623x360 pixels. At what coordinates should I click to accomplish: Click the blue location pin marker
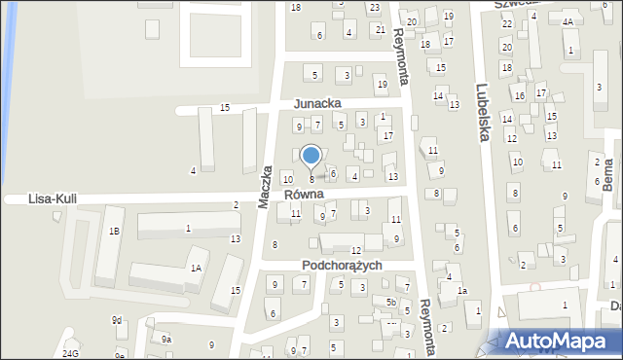311,156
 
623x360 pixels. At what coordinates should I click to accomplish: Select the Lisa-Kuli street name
54,198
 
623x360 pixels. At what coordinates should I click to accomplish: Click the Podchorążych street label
339,266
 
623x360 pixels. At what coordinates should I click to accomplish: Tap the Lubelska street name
481,111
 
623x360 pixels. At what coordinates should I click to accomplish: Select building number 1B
114,231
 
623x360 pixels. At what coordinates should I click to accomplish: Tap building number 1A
196,268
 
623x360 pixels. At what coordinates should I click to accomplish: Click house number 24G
70,353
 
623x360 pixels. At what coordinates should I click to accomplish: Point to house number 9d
117,320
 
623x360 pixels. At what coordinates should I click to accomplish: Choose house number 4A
568,20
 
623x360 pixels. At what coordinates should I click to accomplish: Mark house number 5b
390,303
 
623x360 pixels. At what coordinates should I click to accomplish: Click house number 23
375,8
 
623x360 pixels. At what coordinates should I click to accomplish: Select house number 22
506,22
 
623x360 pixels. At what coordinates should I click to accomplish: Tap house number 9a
166,339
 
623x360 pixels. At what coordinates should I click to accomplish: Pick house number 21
381,29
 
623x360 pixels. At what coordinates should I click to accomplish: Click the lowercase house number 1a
462,291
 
